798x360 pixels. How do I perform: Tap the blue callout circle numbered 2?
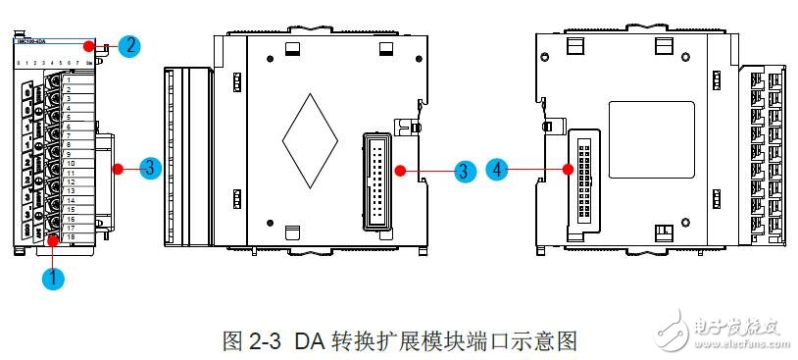127,44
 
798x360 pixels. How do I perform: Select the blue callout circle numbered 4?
500,169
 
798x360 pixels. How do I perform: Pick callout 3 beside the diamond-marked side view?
466,170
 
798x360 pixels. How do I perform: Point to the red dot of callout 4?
569,169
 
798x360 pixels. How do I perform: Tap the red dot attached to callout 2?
89,44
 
